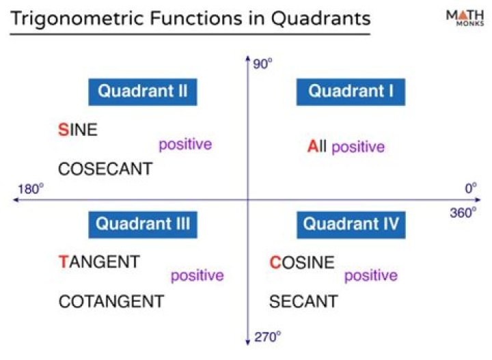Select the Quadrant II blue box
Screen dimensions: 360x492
pyautogui.click(x=142, y=92)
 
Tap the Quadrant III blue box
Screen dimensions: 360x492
pyautogui.click(x=142, y=224)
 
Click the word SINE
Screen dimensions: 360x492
pyautogui.click(x=78, y=130)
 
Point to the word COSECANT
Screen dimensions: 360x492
pyautogui.click(x=105, y=169)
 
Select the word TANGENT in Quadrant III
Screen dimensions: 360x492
pyautogui.click(x=99, y=262)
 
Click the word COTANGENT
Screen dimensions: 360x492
pyautogui.click(x=111, y=301)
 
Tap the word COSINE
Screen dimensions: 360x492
pyautogui.click(x=302, y=262)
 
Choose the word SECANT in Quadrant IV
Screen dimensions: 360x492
pyautogui.click(x=303, y=301)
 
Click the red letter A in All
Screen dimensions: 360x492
pyautogui.click(x=312, y=146)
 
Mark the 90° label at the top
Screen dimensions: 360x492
pyautogui.click(x=263, y=64)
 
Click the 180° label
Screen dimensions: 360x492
pyautogui.click(x=30, y=189)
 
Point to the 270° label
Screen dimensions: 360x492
pyautogui.click(x=268, y=337)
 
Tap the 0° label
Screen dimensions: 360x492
pyautogui.click(x=470, y=189)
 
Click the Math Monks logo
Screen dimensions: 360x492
pyautogui.click(x=463, y=18)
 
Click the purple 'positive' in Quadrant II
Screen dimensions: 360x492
pyautogui.click(x=185, y=145)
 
